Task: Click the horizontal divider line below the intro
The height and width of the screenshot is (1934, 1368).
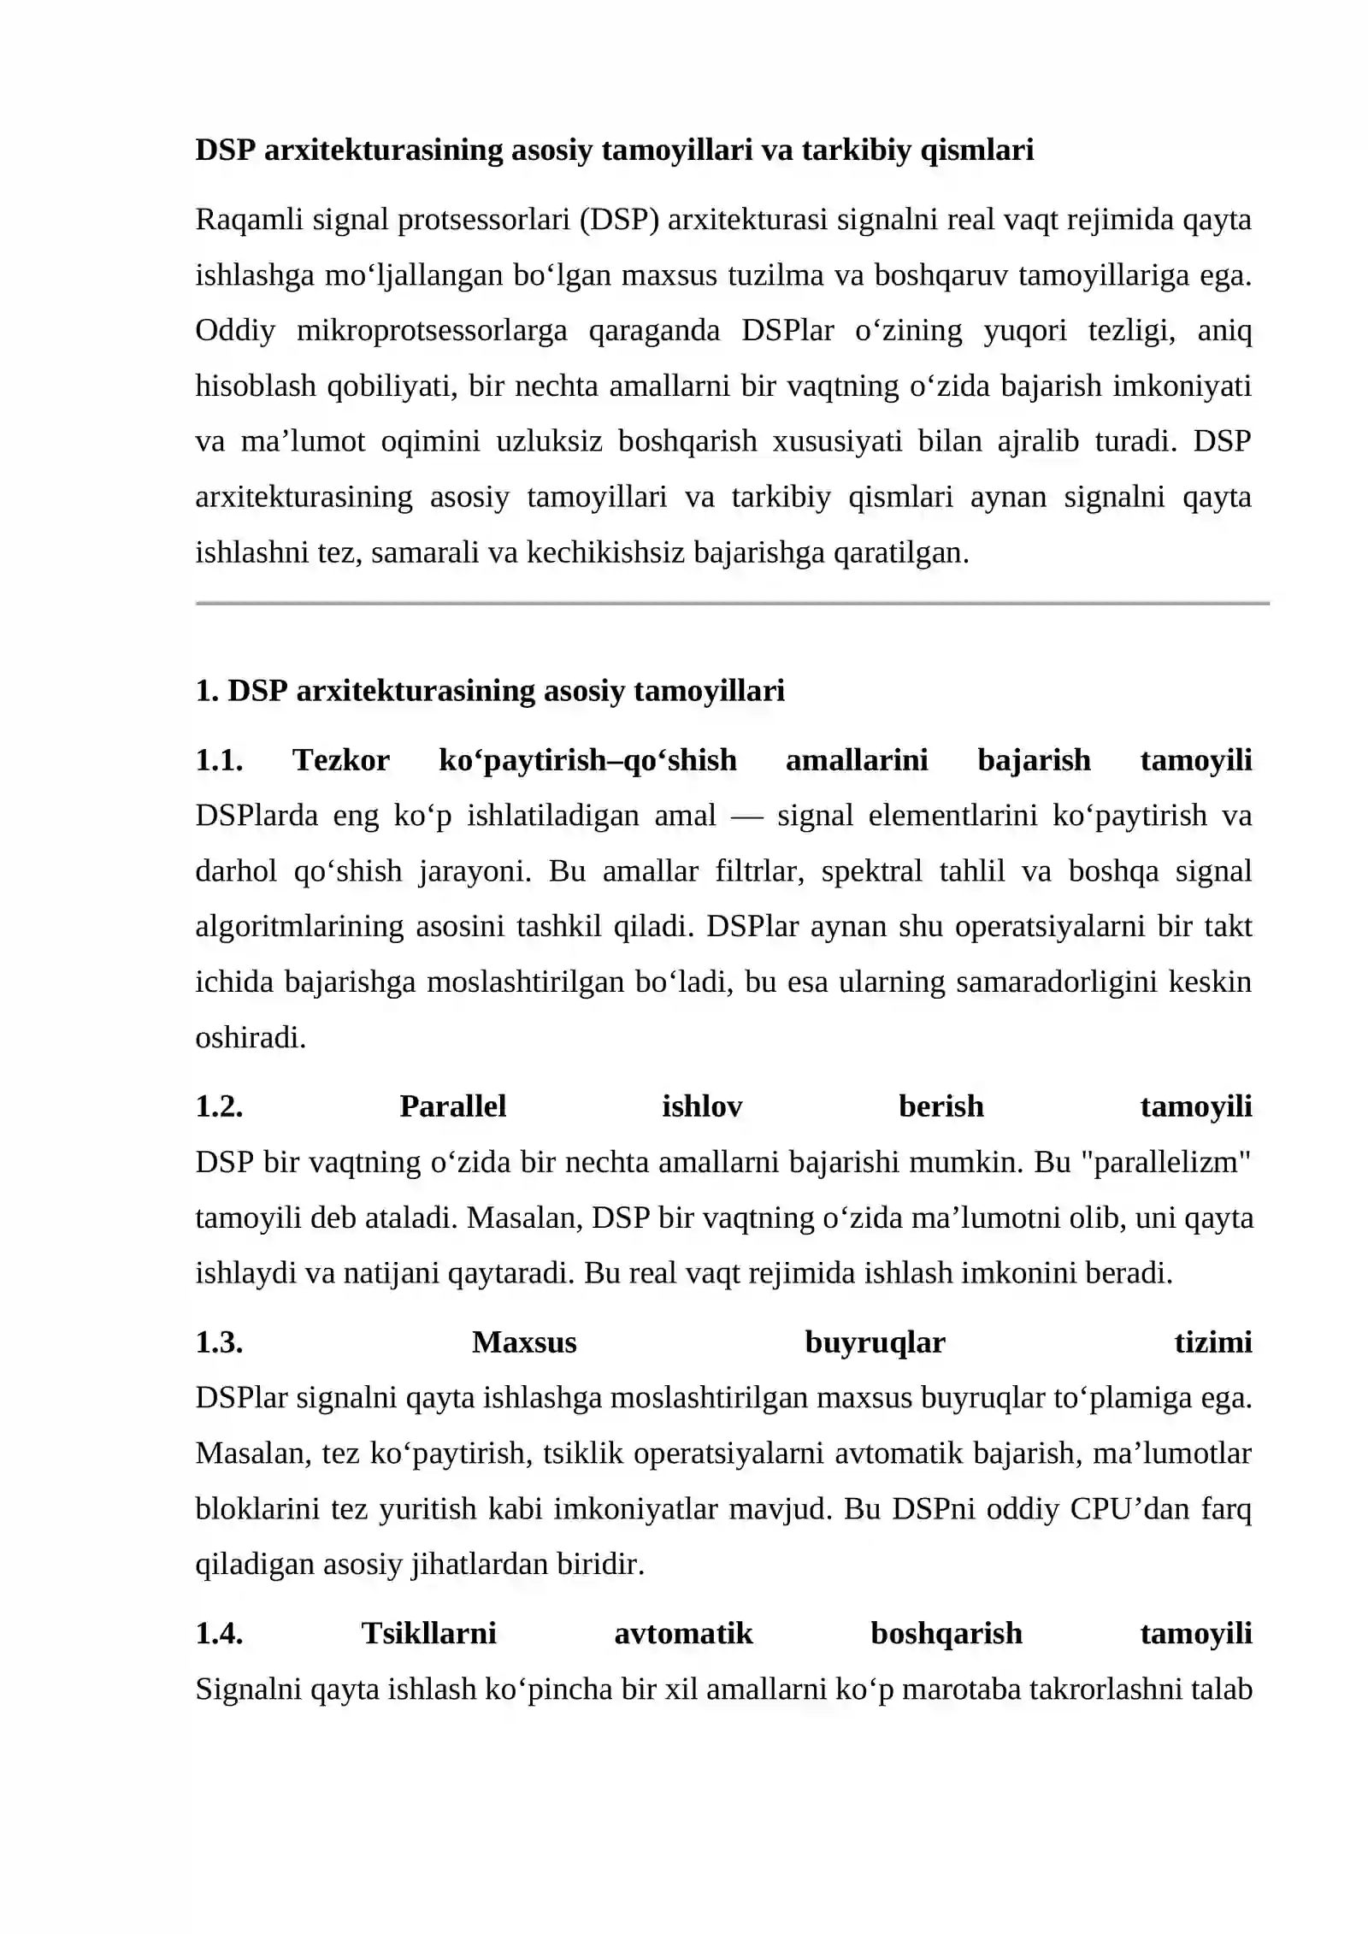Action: tap(732, 604)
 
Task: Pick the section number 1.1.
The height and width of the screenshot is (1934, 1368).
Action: tap(219, 760)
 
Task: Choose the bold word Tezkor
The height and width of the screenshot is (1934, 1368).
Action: tap(341, 760)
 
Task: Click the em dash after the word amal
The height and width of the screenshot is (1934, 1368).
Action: tap(746, 817)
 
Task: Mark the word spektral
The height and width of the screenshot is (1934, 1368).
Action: tap(871, 871)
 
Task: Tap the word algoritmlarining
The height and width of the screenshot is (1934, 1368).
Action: tap(299, 927)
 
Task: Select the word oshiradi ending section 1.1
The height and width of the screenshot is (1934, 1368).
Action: tap(250, 1038)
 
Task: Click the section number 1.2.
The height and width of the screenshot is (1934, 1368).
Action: tap(219, 1107)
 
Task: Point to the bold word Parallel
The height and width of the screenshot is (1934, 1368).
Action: tap(452, 1107)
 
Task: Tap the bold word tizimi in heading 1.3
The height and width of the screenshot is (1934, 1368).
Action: tap(1212, 1343)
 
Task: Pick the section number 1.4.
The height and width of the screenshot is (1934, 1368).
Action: tap(219, 1634)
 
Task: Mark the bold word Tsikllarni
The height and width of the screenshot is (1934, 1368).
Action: tap(428, 1634)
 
